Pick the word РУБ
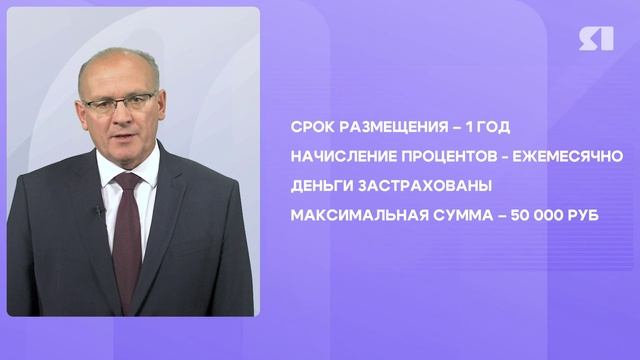click(586, 214)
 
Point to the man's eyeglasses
click(120, 102)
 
